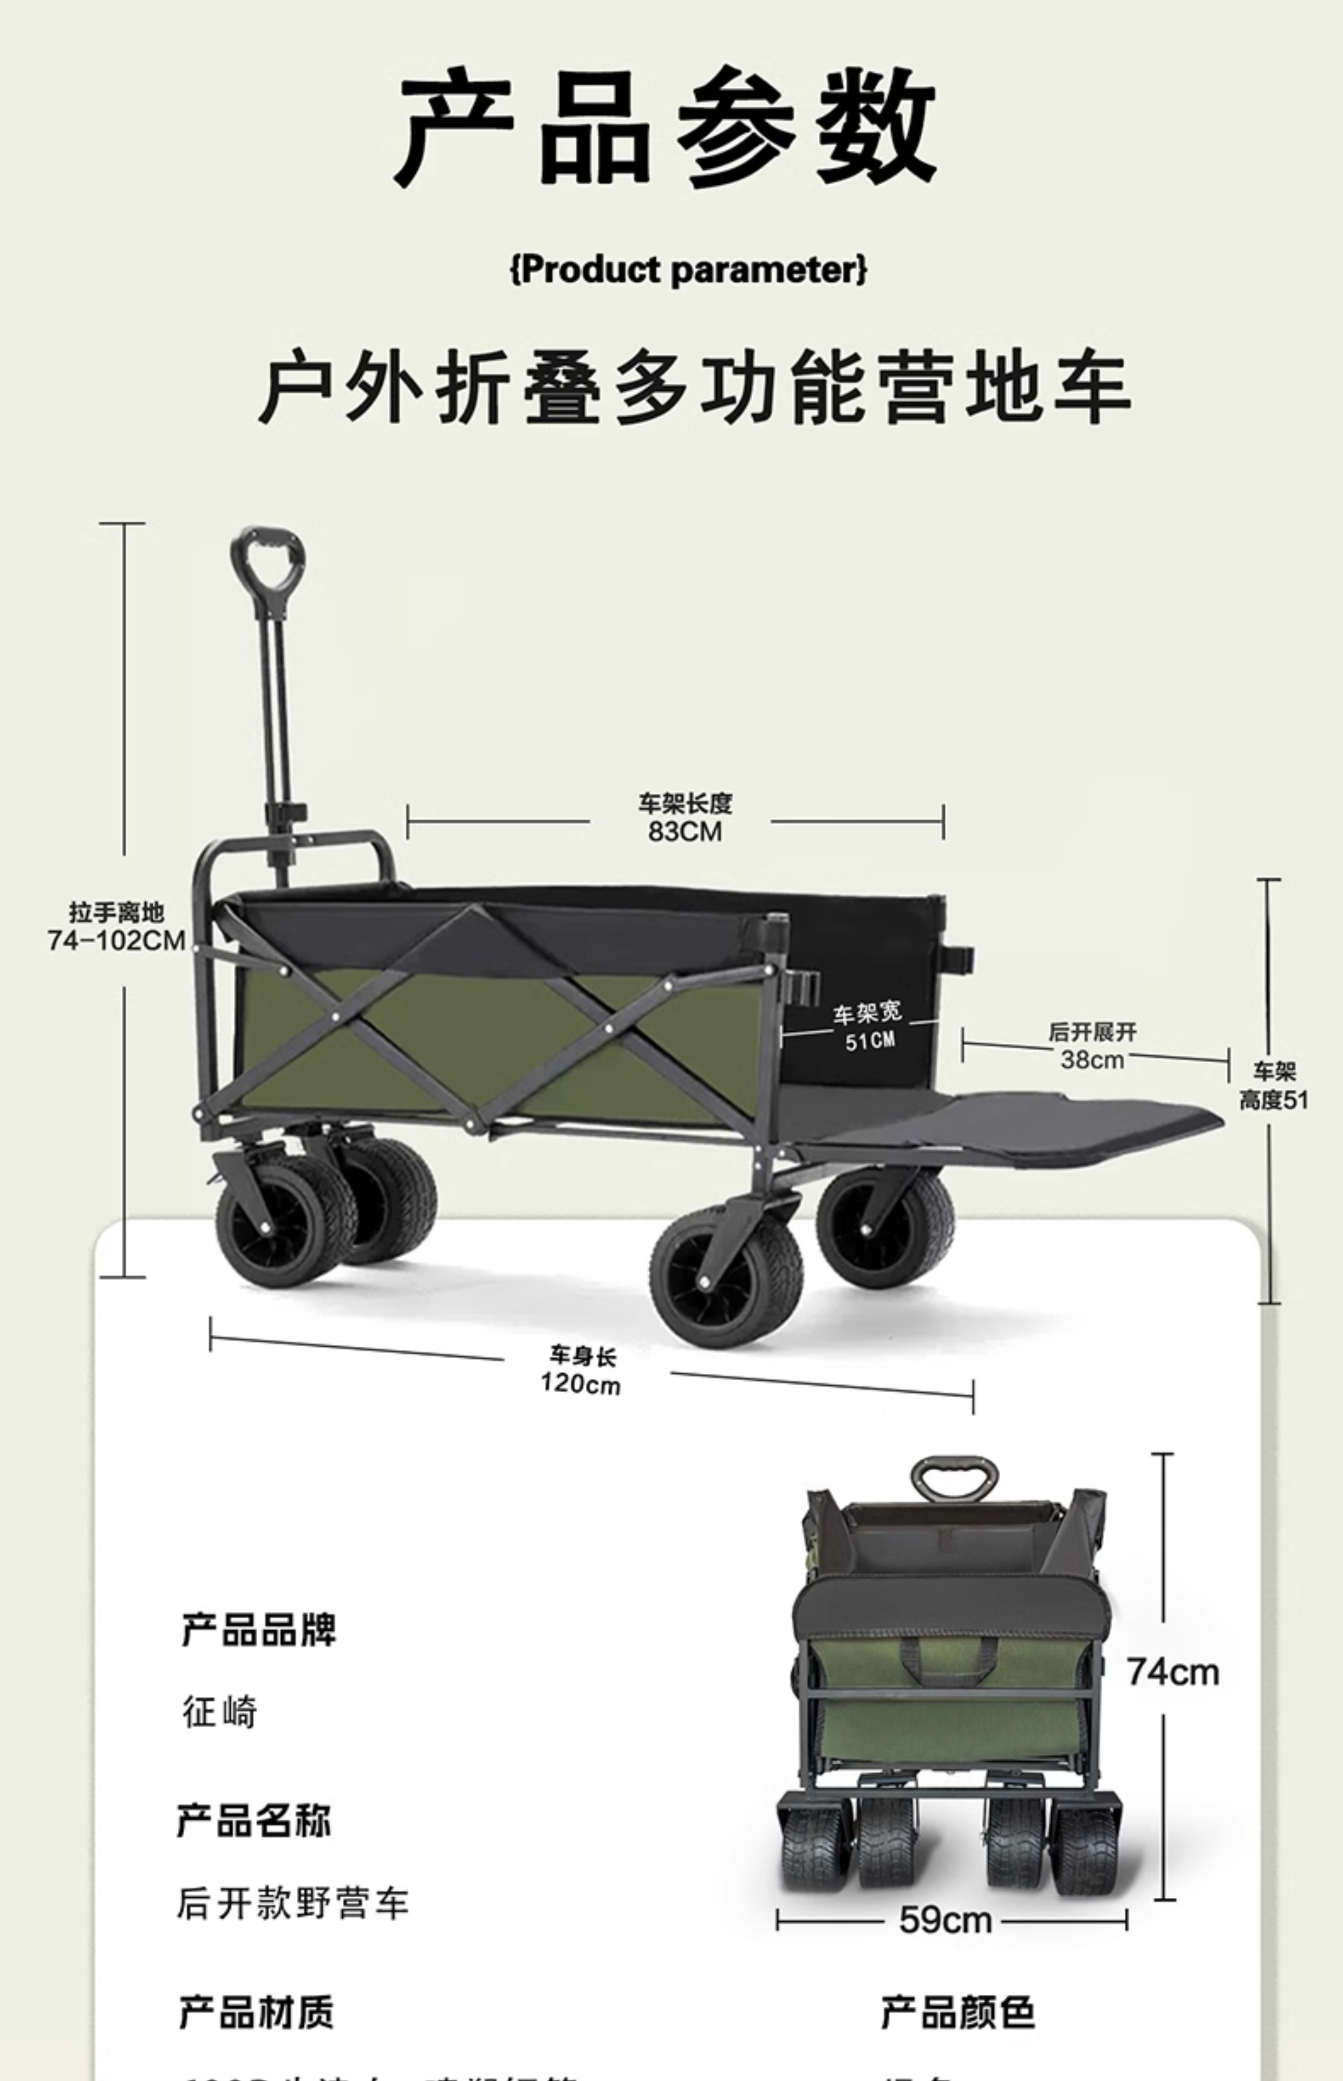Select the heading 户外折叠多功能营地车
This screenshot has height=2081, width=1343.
click(x=694, y=386)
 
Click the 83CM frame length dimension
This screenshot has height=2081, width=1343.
click(x=684, y=818)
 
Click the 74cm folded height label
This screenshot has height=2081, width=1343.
click(x=1172, y=1672)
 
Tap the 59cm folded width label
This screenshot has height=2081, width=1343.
click(x=946, y=1920)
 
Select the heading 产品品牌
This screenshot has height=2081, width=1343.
click(x=259, y=1630)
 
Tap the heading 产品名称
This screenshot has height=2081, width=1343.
click(x=254, y=1821)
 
